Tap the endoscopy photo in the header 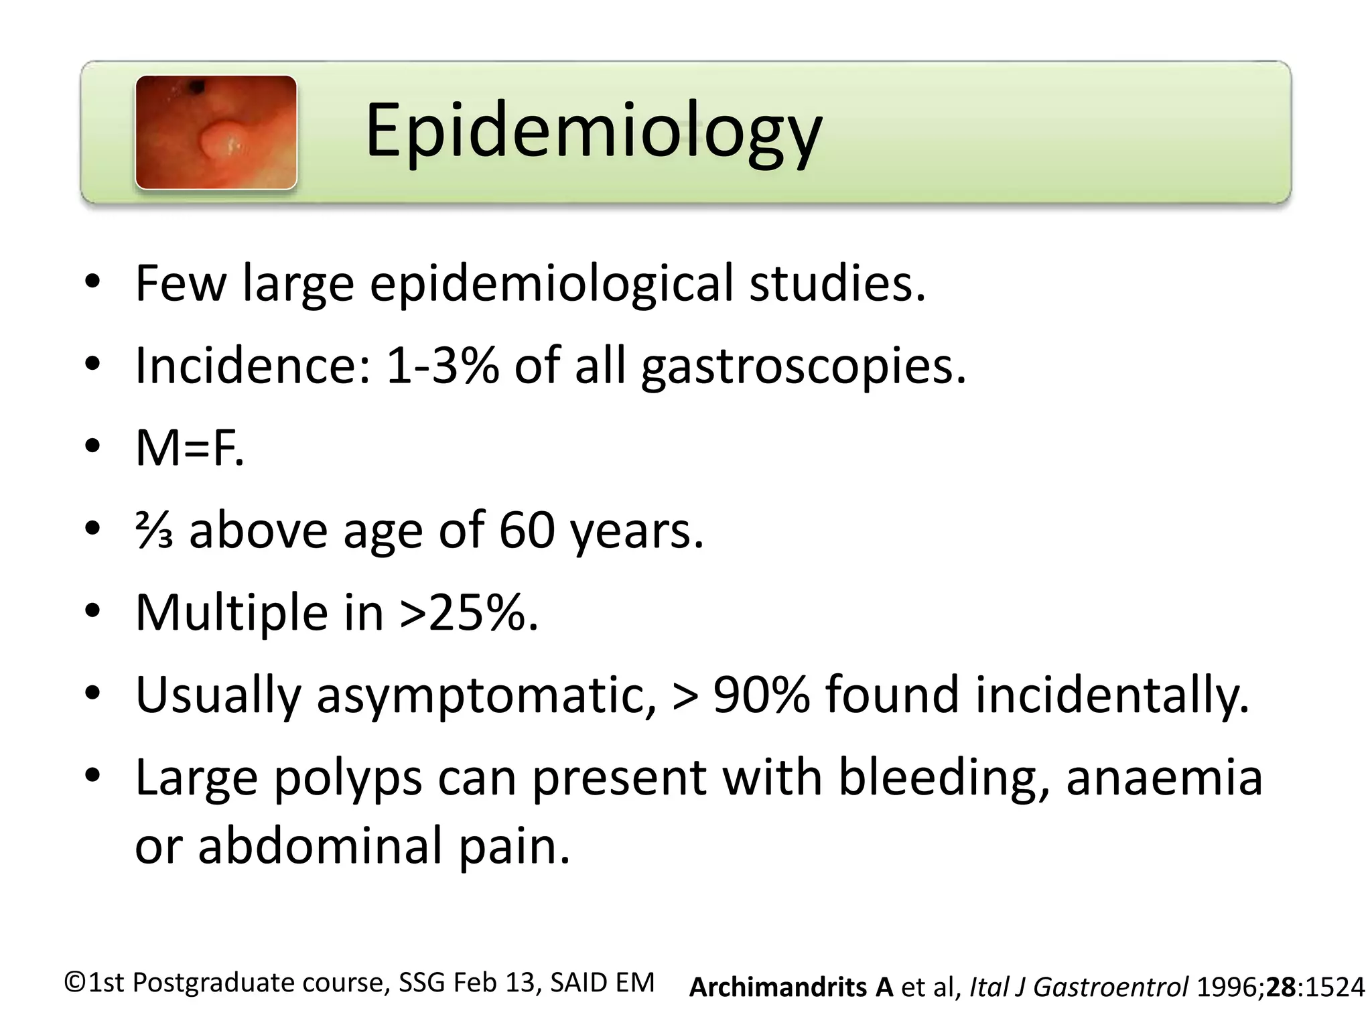[216, 132]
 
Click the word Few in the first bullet [180, 283]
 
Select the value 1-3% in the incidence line [442, 366]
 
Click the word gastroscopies [803, 367]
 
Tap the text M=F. [190, 448]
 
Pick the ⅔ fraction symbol [154, 531]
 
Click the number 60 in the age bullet [527, 531]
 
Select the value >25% [468, 612]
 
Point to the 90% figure [760, 695]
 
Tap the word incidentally [1111, 695]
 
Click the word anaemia [1164, 778]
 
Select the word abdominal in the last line [321, 845]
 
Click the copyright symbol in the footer [75, 983]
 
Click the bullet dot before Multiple [92, 611]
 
